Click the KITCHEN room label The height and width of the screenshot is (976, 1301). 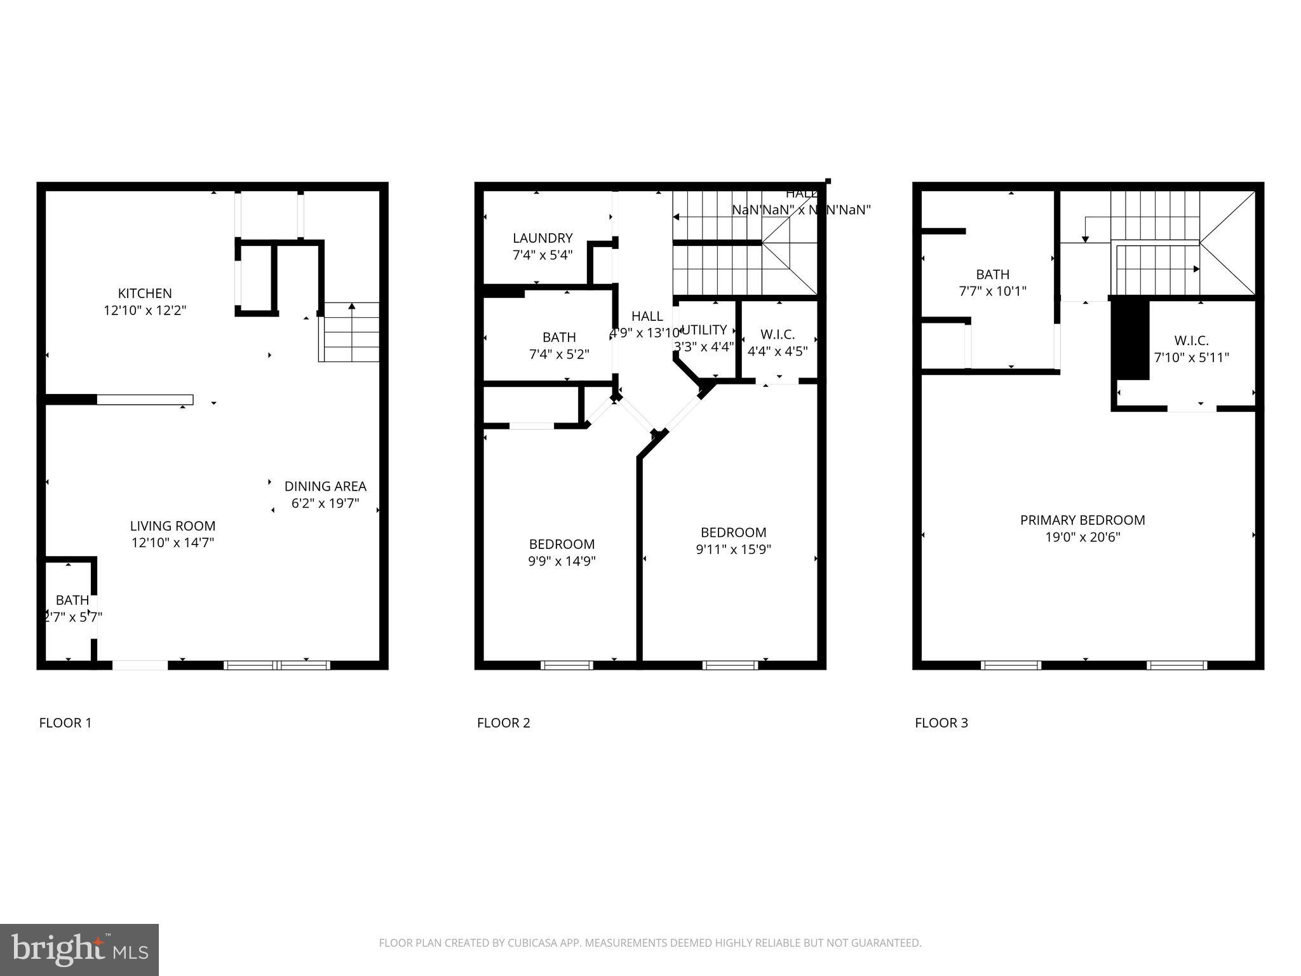click(x=145, y=294)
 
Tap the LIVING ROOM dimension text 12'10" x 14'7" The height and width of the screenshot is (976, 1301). click(x=173, y=543)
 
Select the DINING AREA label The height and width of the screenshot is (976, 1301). click(x=325, y=487)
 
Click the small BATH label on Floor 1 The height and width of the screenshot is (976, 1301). click(x=72, y=600)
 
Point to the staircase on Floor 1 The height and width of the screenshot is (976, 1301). click(x=349, y=332)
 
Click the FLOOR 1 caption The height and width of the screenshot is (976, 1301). click(x=65, y=723)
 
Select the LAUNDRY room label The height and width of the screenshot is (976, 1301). click(x=543, y=238)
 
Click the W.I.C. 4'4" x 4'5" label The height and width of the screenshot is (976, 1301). click(x=778, y=343)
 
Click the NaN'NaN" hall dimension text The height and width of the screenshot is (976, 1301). click(x=801, y=210)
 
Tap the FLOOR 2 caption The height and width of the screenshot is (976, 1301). click(x=503, y=723)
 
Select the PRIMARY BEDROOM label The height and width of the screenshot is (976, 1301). click(x=1082, y=520)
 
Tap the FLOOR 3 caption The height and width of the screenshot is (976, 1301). click(x=941, y=723)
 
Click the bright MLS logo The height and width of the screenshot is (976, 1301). click(x=79, y=949)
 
